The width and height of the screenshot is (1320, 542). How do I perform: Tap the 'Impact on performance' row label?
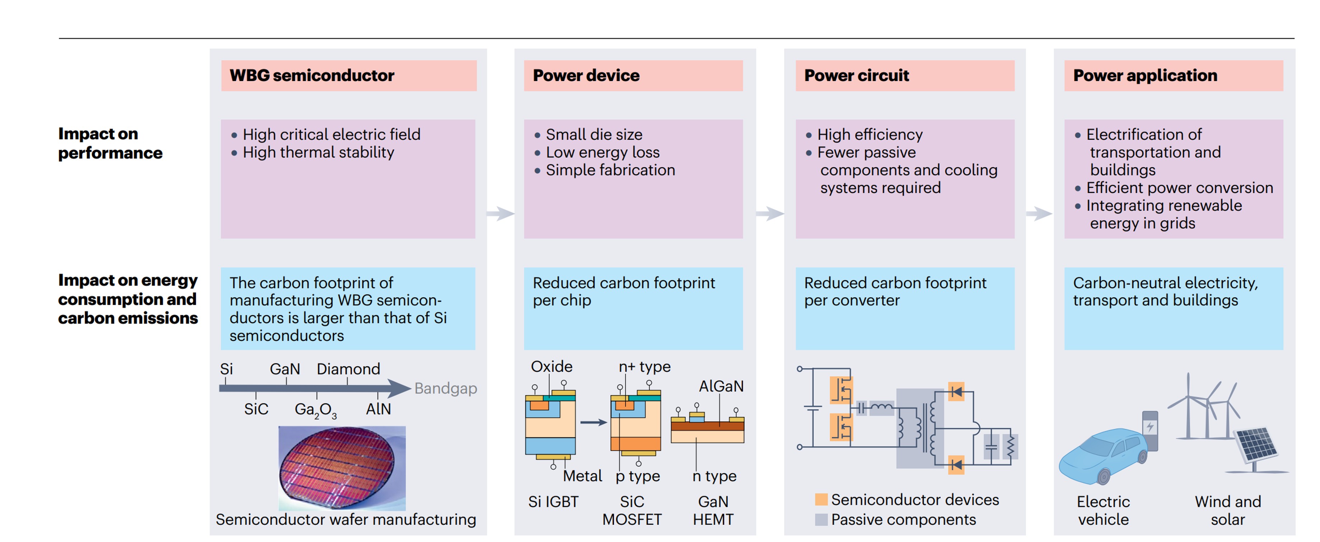pos(110,143)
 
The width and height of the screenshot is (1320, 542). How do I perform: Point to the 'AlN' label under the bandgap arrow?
pos(378,409)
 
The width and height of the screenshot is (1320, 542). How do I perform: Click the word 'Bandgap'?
pos(445,388)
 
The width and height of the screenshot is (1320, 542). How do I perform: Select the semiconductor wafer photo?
pos(342,468)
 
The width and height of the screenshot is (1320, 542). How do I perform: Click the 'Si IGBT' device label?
pos(553,501)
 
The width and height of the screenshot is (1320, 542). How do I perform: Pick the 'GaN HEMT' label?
pos(713,510)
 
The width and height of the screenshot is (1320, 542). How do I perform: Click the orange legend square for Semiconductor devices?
pos(821,499)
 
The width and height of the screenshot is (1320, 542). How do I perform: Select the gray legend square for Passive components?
pos(821,519)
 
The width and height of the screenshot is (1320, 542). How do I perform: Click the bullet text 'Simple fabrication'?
pos(610,170)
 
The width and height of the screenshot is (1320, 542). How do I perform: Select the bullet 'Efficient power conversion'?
pos(1179,188)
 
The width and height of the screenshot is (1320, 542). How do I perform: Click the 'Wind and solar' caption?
pos(1227,510)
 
